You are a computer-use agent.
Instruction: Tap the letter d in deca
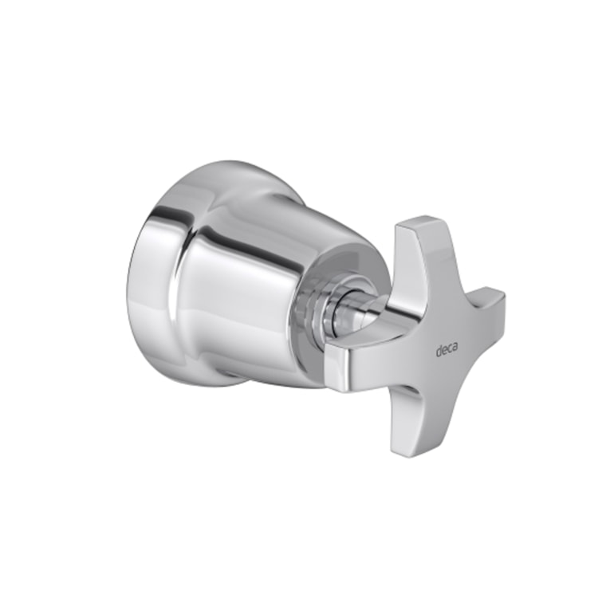pyautogui.click(x=439, y=351)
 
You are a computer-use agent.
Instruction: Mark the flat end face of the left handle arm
pyautogui.click(x=338, y=372)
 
